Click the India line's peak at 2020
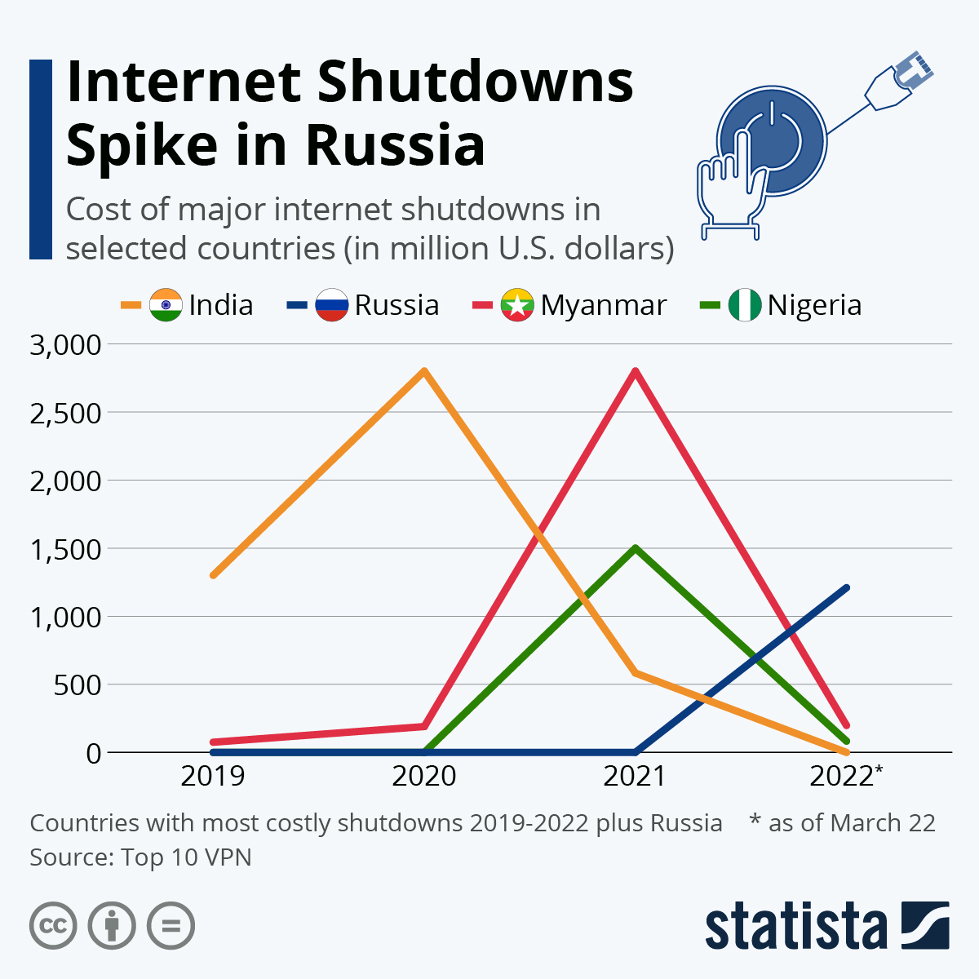(x=424, y=371)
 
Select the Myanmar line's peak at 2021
(x=635, y=371)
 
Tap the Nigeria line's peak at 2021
(x=635, y=548)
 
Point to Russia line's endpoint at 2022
(x=846, y=588)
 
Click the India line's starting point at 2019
(x=213, y=575)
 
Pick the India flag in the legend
(x=166, y=305)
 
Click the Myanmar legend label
(x=603, y=305)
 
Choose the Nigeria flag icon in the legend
(x=744, y=305)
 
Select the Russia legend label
(x=396, y=305)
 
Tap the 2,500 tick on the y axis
(x=65, y=413)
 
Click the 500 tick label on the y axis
(x=78, y=684)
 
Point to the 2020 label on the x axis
(x=424, y=776)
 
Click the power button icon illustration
(x=771, y=140)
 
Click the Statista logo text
(x=795, y=926)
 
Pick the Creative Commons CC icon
(x=54, y=926)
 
